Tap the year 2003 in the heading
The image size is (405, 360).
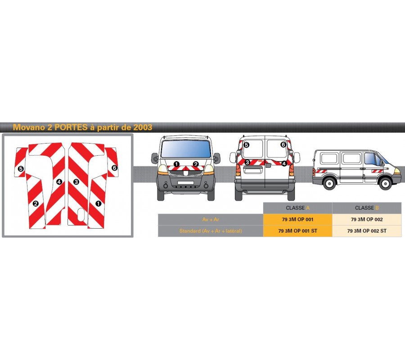click(x=143, y=127)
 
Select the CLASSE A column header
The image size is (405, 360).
click(x=297, y=208)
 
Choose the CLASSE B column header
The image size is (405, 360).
click(x=367, y=208)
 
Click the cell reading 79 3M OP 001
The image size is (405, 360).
click(x=297, y=220)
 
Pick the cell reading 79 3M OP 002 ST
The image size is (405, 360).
click(x=367, y=231)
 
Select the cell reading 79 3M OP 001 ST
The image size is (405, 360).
click(x=297, y=231)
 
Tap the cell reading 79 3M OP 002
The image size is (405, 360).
click(x=367, y=220)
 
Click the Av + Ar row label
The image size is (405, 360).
click(x=211, y=220)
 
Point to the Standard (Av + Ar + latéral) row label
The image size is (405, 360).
click(x=211, y=231)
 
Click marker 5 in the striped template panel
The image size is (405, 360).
click(x=21, y=169)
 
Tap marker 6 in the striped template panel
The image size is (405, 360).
click(x=114, y=168)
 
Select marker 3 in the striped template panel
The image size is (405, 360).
click(x=76, y=182)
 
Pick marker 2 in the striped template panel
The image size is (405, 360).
click(x=36, y=203)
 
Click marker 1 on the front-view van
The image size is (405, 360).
click(x=176, y=164)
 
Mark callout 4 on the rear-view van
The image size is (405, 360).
click(x=284, y=163)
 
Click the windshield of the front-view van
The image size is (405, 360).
click(x=186, y=149)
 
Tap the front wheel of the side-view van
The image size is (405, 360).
click(x=385, y=183)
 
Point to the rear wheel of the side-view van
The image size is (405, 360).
click(x=329, y=183)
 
